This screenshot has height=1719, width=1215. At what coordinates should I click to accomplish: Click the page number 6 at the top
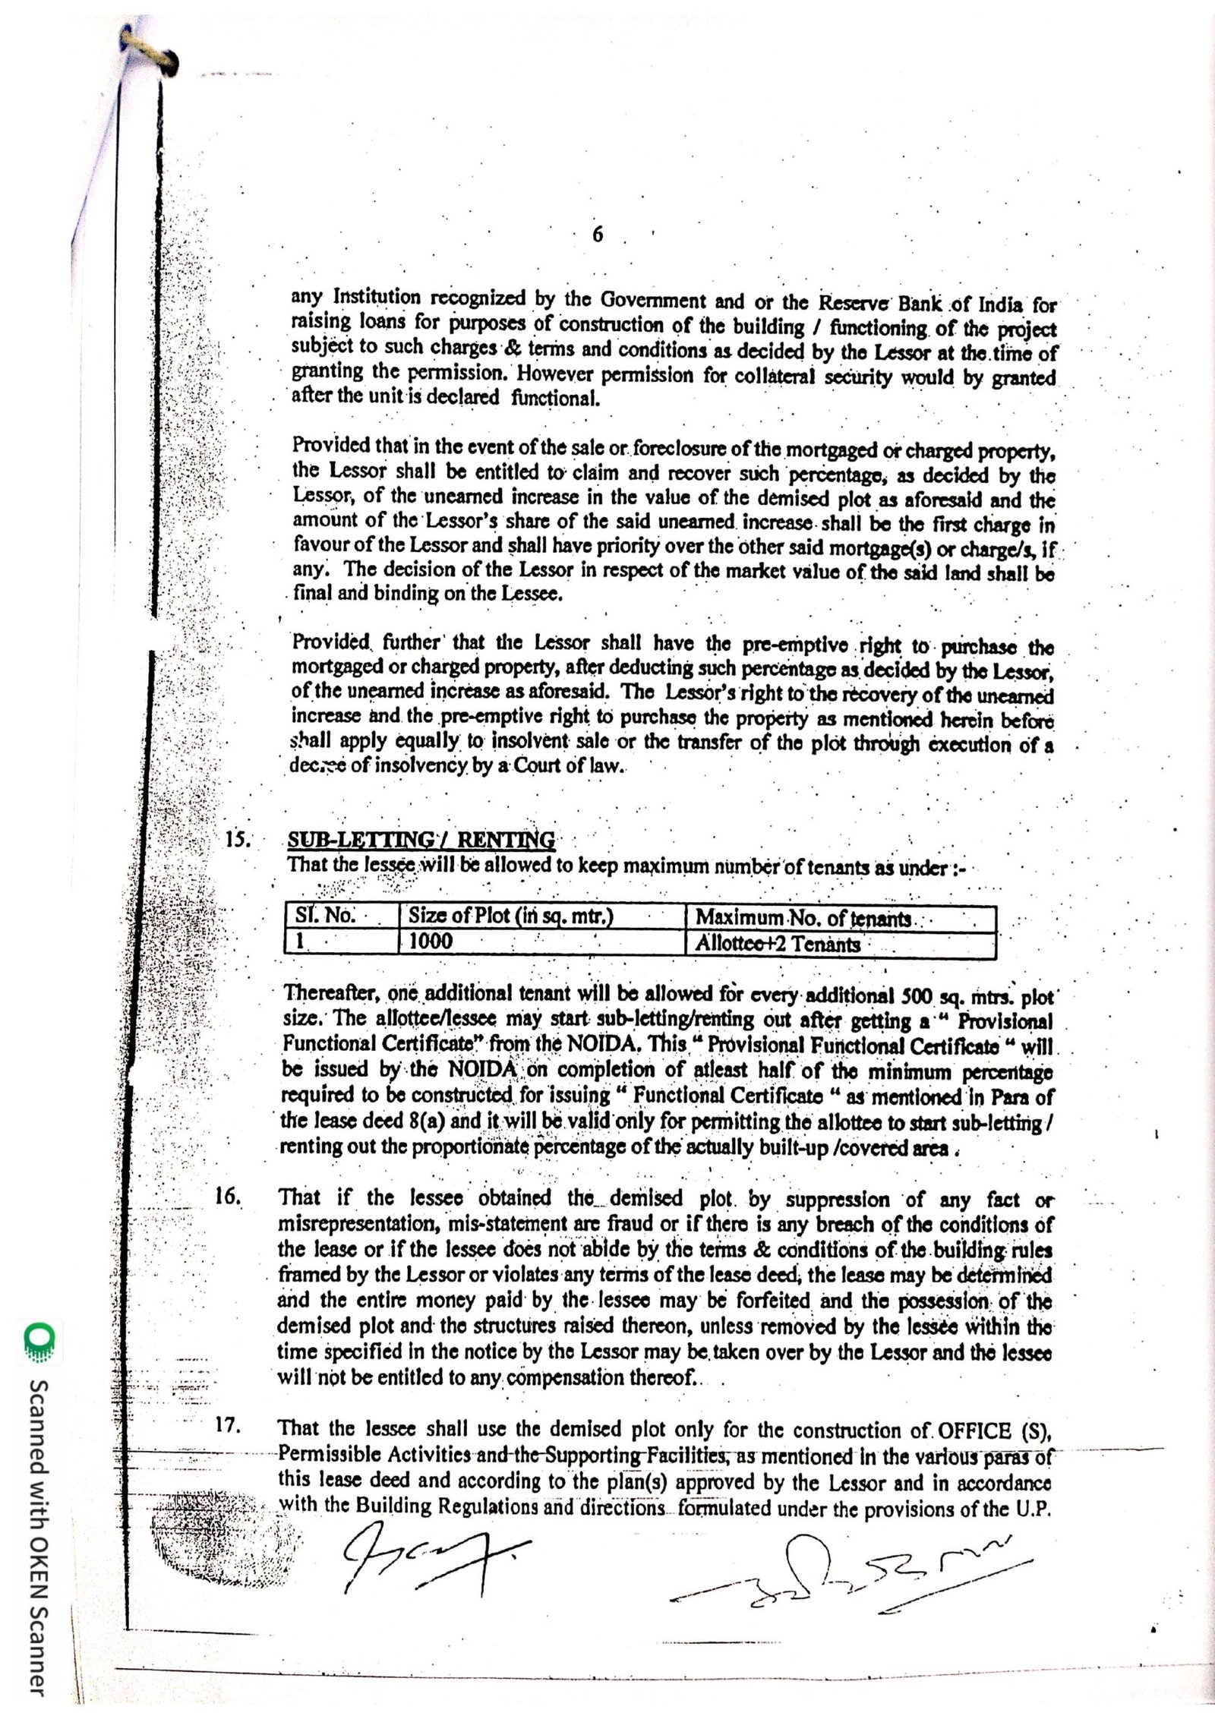pos(597,236)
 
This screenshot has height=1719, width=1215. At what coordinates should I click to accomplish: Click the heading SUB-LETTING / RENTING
pos(421,841)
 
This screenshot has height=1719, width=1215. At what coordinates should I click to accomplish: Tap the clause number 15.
pos(236,841)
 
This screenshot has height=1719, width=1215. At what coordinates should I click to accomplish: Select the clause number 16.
pos(228,1197)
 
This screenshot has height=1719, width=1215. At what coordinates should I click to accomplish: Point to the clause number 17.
pos(228,1426)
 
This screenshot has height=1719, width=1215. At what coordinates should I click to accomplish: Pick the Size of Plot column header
pos(510,916)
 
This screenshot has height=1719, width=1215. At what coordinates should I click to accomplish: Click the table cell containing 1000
pos(431,942)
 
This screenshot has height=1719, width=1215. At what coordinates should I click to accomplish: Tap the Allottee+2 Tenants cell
pos(778,944)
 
